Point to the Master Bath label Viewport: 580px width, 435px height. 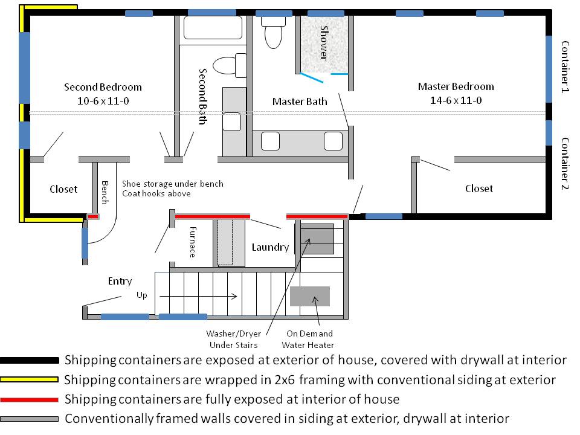(300, 101)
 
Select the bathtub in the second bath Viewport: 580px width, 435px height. (212, 28)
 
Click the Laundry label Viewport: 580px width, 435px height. (270, 247)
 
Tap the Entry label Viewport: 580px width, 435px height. (120, 281)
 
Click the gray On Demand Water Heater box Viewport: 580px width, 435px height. (310, 296)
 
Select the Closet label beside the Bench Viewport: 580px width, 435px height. (63, 189)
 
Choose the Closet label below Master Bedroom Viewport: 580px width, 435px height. (479, 188)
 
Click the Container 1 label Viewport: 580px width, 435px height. (565, 66)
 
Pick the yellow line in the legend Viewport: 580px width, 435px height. (30, 379)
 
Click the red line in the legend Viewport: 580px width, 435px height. (30, 399)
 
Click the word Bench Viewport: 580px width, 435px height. (105, 193)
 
